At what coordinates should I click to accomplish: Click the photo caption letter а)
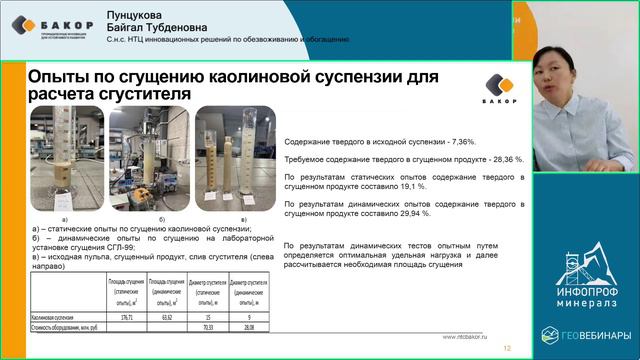coord(66,217)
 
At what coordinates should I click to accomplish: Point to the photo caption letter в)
coord(241,217)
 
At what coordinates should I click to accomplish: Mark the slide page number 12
coord(507,348)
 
